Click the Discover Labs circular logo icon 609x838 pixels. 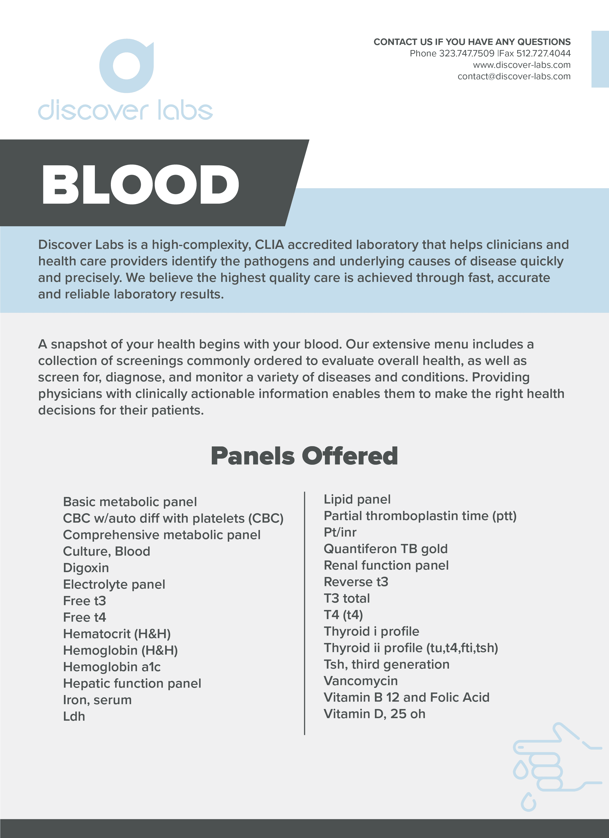(126, 66)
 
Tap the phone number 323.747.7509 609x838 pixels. (466, 54)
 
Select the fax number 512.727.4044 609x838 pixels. (543, 54)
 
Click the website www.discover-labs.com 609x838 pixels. (521, 65)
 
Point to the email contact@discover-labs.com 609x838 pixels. (514, 76)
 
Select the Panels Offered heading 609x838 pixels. (304, 456)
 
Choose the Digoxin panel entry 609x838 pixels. (86, 568)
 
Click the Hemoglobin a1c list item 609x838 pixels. (112, 667)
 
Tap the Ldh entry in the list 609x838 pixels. (74, 716)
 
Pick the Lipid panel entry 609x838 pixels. (357, 499)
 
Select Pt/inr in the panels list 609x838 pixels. (340, 533)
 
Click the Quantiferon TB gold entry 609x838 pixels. (385, 549)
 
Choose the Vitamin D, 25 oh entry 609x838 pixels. (374, 714)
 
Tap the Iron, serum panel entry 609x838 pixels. (97, 700)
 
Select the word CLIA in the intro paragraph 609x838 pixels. (269, 245)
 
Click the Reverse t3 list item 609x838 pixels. (356, 582)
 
